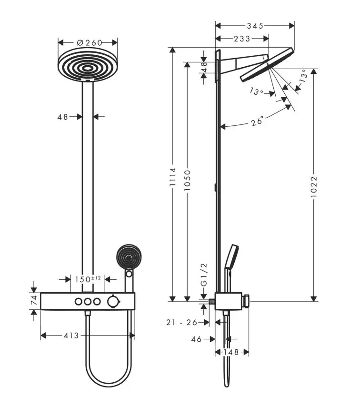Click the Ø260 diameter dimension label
(90, 42)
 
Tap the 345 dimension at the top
(255, 26)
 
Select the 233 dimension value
(242, 39)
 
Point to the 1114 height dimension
(173, 177)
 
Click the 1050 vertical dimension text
(187, 181)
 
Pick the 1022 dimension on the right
(314, 187)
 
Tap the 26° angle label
(257, 121)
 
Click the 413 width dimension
(71, 336)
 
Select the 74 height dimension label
(34, 301)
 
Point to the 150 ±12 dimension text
(88, 279)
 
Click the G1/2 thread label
(204, 275)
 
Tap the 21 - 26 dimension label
(182, 322)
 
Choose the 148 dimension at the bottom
(231, 352)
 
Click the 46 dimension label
(196, 339)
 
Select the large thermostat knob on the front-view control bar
(113, 302)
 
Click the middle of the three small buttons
(88, 302)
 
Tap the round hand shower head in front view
(129, 257)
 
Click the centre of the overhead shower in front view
(88, 69)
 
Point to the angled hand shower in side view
(231, 256)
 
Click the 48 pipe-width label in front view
(63, 117)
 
